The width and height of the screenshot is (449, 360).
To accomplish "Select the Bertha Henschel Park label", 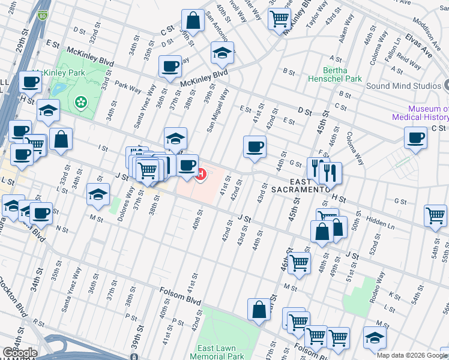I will coord(334,74).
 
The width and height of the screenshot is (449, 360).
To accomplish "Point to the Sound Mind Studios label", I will coord(403,86).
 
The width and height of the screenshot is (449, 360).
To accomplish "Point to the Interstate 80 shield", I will coord(41,16).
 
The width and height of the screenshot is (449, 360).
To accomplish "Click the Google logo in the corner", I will coord(19,353).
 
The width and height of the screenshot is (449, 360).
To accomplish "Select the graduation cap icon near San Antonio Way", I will coord(222,54).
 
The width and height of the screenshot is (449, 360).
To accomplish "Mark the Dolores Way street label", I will coord(126,204).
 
